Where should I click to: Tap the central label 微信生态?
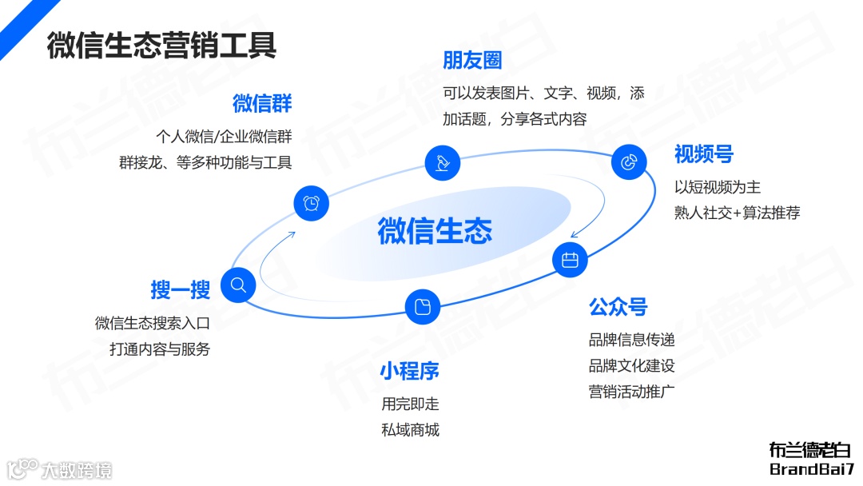pyautogui.click(x=435, y=230)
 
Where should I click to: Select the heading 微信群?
pyautogui.click(x=262, y=103)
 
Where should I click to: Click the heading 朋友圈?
pyautogui.click(x=472, y=60)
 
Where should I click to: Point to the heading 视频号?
pyautogui.click(x=703, y=153)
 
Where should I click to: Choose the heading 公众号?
pyautogui.click(x=618, y=306)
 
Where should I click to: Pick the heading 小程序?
pyautogui.click(x=409, y=371)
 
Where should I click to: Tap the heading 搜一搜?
pyautogui.click(x=180, y=289)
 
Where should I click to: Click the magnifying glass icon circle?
pyautogui.click(x=238, y=285)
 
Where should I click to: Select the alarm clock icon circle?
pyautogui.click(x=311, y=203)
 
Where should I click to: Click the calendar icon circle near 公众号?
pyautogui.click(x=570, y=260)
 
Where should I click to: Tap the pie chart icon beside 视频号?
pyautogui.click(x=629, y=162)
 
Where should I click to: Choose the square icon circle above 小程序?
pyautogui.click(x=423, y=306)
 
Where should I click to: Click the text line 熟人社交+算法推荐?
pyautogui.click(x=737, y=213)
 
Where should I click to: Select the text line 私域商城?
pyautogui.click(x=410, y=430)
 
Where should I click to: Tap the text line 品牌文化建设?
pyautogui.click(x=631, y=366)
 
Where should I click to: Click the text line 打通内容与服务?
pyautogui.click(x=160, y=349)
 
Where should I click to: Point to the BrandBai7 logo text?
pyautogui.click(x=811, y=469)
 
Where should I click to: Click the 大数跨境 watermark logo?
pyautogui.click(x=60, y=469)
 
